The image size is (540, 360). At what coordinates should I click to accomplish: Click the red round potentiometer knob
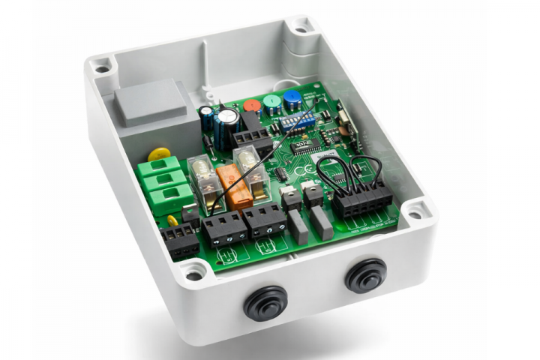pos(253,106)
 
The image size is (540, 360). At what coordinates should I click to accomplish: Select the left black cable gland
pos(265,301)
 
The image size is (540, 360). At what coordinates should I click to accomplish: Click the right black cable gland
pos(366,275)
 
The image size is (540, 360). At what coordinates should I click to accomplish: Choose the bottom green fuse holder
pos(171,199)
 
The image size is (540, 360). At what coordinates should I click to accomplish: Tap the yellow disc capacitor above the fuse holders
pos(159,154)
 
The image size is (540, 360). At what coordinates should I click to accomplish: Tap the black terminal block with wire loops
pos(362,197)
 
